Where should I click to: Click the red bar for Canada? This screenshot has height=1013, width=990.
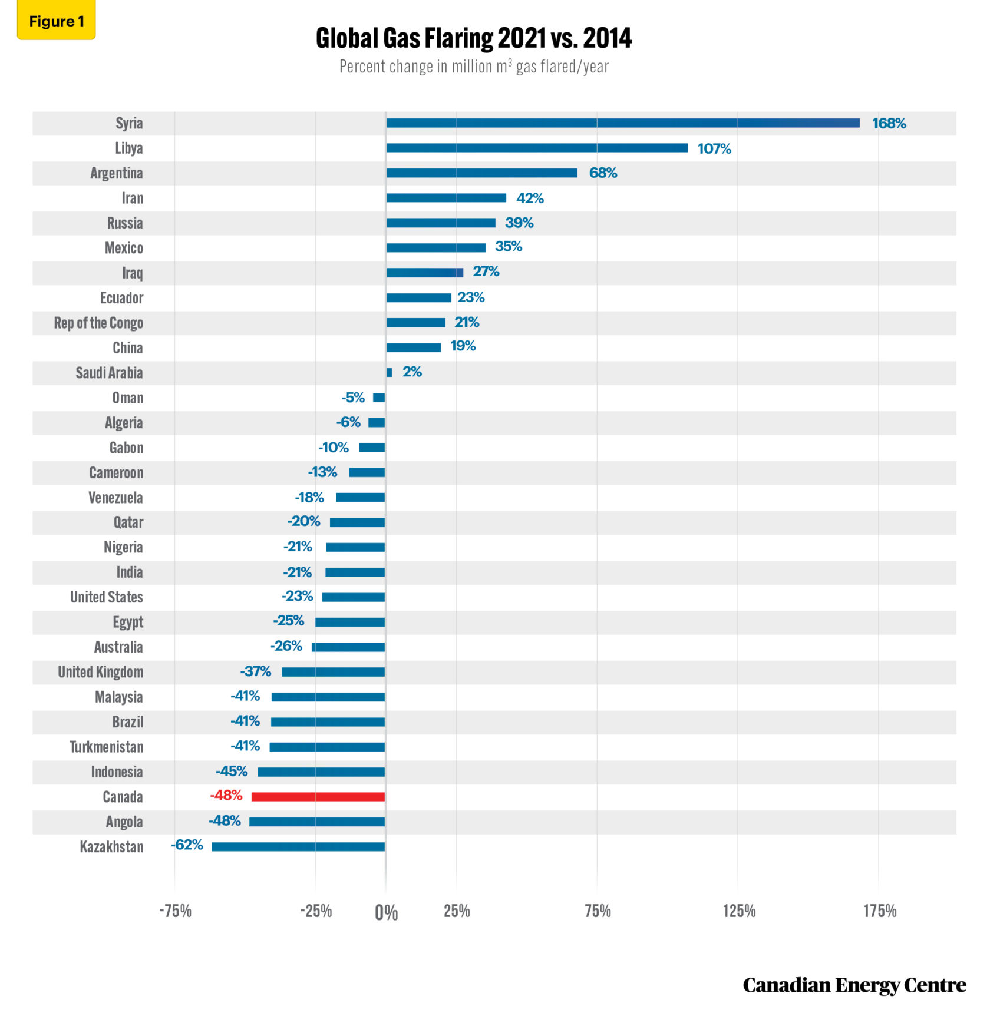(x=318, y=797)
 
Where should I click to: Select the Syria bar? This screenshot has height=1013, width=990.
(x=622, y=123)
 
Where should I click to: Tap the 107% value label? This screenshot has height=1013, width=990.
(x=714, y=148)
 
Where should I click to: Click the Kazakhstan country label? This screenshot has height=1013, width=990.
(x=111, y=847)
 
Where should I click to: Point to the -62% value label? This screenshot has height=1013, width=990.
(x=187, y=845)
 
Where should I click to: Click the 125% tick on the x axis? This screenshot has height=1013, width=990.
(x=739, y=911)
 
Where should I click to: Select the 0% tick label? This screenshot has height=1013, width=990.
(x=386, y=913)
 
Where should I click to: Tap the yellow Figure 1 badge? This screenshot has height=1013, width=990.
(x=57, y=21)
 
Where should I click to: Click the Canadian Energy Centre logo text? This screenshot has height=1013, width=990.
(x=854, y=985)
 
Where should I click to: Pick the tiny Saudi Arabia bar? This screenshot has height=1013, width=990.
(x=389, y=372)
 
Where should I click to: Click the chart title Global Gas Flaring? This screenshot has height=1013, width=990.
(x=474, y=39)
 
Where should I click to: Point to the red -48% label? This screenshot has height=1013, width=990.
(x=226, y=795)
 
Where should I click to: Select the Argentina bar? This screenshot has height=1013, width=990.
(x=481, y=173)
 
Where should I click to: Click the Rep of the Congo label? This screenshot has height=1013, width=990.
(x=98, y=323)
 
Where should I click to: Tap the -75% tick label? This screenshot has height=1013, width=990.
(x=175, y=911)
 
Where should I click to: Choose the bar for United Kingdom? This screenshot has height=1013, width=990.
(x=333, y=672)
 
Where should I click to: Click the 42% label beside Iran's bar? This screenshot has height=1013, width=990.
(x=530, y=198)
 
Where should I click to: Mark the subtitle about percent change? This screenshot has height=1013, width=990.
(x=474, y=67)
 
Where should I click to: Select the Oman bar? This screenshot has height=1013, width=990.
(x=379, y=398)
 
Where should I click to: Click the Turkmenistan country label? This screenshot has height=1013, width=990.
(x=107, y=747)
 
